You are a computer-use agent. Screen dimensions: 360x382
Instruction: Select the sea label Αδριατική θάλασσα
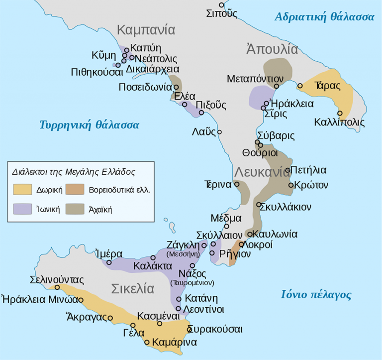324,17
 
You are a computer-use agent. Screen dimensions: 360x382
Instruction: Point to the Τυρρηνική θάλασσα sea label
90,124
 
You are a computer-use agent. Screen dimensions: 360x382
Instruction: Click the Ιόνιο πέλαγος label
316,295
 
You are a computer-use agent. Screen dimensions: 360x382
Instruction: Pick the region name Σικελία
133,289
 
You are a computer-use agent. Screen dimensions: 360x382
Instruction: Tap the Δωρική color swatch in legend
23,190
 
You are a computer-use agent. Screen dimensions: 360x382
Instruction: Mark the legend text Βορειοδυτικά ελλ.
119,190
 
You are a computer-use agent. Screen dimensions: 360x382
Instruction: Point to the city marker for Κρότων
291,185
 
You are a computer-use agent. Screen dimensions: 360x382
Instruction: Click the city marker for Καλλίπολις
340,113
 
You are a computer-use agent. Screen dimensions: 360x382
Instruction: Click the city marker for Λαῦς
219,132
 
